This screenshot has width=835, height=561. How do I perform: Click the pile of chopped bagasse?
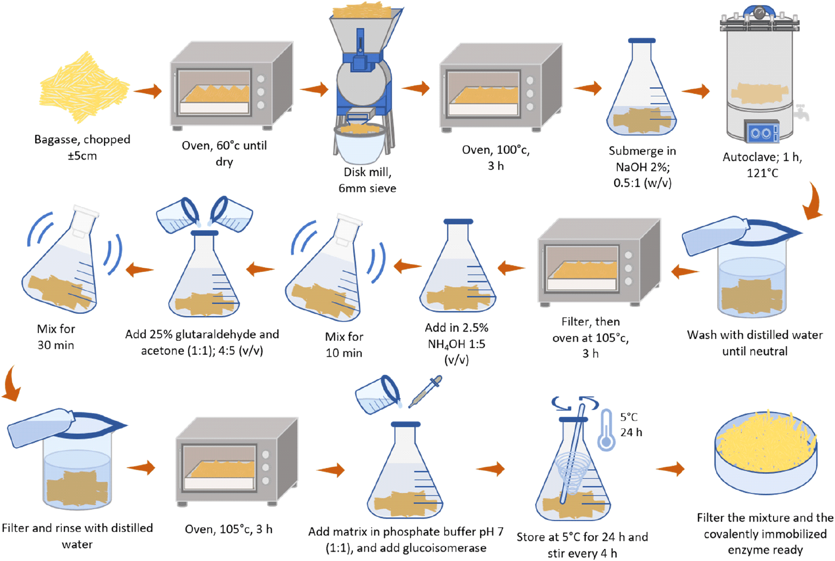84,88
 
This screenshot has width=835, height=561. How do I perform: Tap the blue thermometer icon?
606,430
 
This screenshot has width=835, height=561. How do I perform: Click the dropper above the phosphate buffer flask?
425,391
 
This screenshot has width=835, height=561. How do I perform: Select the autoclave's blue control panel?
761,131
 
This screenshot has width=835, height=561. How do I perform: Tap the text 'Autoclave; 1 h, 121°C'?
762,165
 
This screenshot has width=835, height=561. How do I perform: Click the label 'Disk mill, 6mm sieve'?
367,180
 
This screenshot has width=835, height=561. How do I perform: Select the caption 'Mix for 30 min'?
56,337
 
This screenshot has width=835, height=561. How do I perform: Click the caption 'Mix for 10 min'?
344,345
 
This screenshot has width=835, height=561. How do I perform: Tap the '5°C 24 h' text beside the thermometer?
631,424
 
